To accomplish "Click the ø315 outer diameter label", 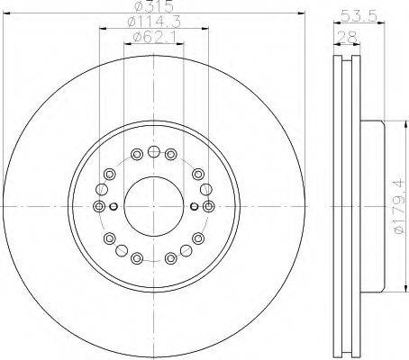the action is coord(153,6).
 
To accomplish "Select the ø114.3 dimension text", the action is coord(154,22).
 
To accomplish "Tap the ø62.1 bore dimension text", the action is coord(154,37).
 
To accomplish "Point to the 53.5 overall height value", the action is coord(359,15).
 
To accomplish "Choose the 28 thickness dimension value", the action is coord(347,37).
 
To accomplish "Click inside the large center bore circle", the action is coord(153,206).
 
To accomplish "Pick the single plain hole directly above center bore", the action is coord(154,152).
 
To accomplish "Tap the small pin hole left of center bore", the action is coord(114,206).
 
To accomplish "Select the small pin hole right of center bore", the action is coord(195,206).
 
